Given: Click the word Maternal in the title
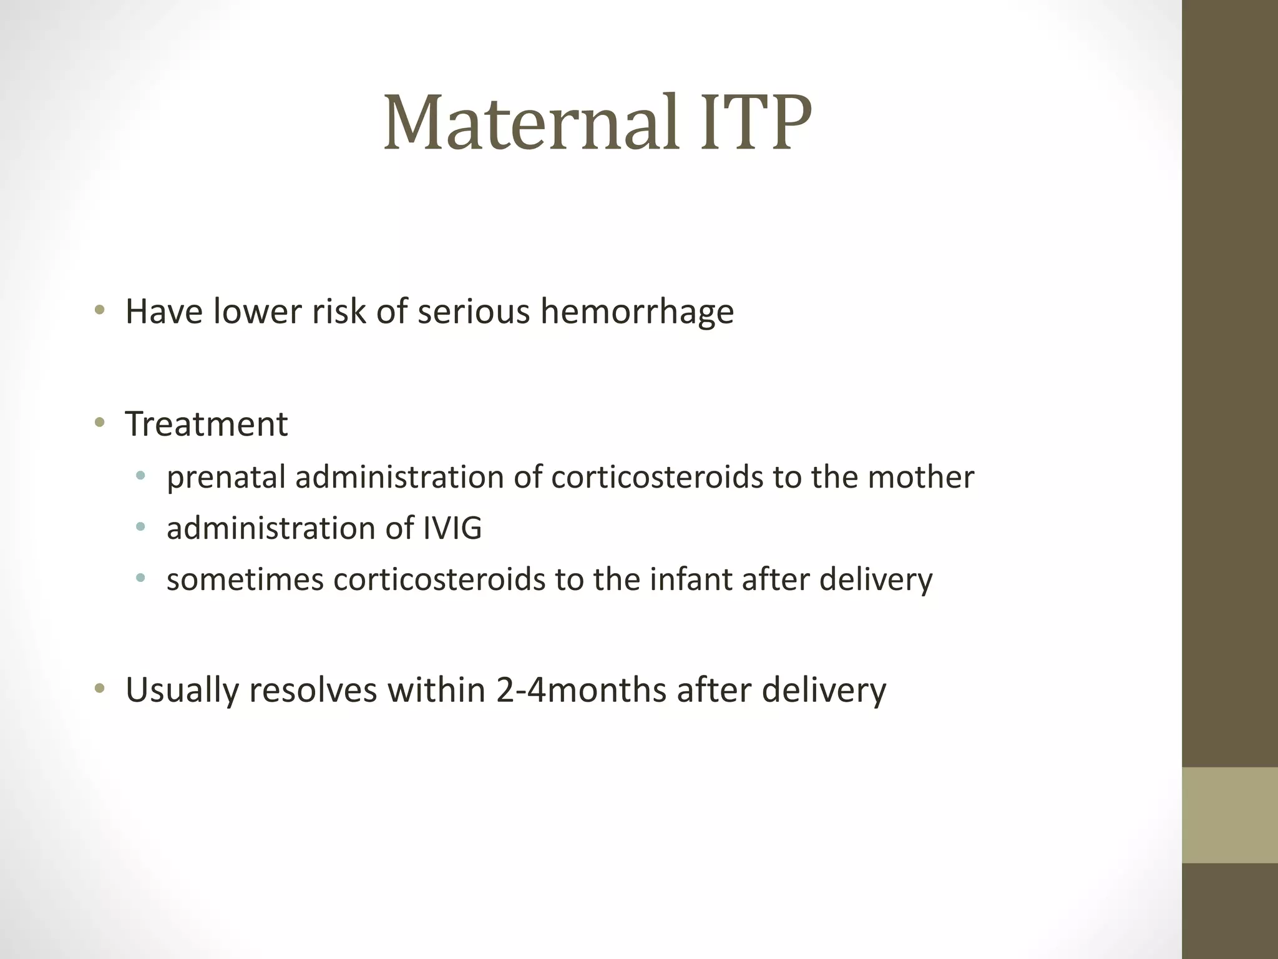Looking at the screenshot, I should [x=530, y=123].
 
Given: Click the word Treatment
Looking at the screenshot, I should [x=207, y=424].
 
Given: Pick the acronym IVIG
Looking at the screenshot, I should [x=452, y=528].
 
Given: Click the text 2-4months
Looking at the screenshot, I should [x=581, y=690].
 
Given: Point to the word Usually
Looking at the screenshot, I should [x=182, y=691].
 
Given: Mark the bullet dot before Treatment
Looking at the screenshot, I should [x=99, y=423].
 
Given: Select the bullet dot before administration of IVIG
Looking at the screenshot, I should [x=140, y=528].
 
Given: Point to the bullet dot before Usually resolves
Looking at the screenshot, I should [x=99, y=689].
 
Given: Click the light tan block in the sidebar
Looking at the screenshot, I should [x=1229, y=815].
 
